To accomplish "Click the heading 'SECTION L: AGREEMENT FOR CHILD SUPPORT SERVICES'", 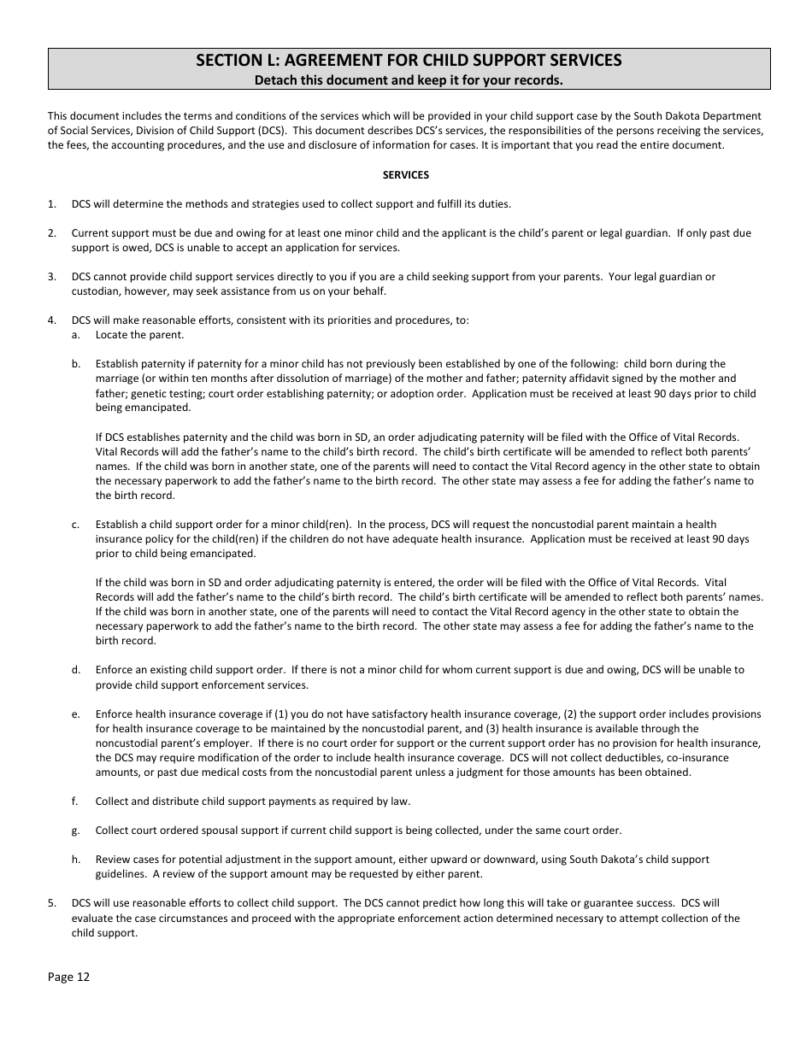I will pos(409,61).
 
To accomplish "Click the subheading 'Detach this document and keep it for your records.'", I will pos(409,80).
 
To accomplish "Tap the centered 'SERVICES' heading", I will pos(405,175).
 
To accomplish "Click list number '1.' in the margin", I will pos(52,204).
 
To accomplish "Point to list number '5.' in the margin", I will pos(52,903).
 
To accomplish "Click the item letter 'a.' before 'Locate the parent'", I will pos(76,335).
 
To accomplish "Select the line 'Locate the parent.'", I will pos(139,335).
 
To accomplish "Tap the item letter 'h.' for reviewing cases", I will pos(76,860).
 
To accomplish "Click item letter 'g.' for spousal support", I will pos(76,831).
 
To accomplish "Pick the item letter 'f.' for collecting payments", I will pos(75,801).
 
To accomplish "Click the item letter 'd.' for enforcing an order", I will pos(76,670).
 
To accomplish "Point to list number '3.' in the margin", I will pos(52,277).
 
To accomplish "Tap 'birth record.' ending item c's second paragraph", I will pos(123,641).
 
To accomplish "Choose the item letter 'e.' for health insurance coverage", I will pos(76,714).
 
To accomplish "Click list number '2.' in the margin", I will pos(52,233).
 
